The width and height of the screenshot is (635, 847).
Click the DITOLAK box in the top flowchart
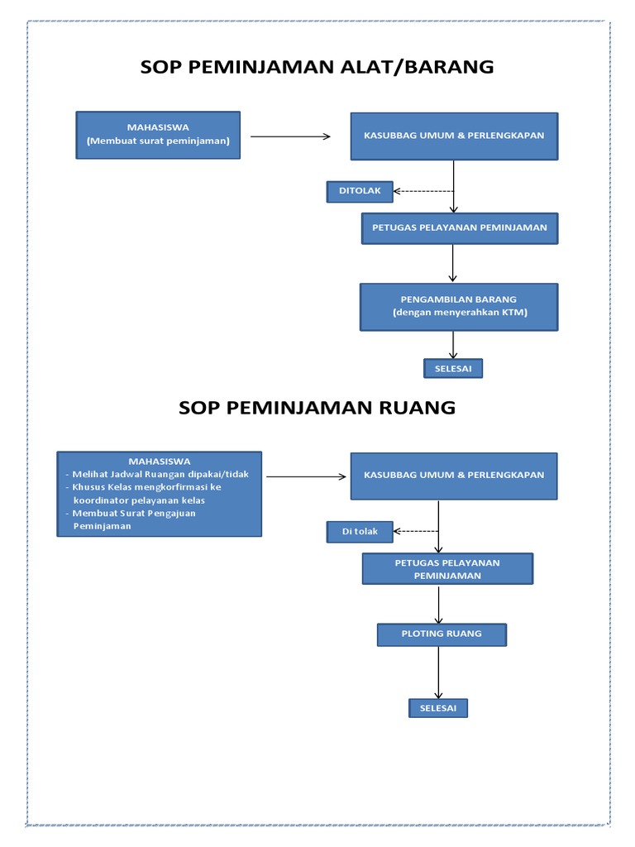coord(360,191)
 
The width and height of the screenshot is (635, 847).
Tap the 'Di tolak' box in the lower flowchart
coord(360,532)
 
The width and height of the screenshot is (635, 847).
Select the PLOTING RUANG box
coord(442,634)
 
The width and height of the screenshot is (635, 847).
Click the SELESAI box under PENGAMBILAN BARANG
coord(453,368)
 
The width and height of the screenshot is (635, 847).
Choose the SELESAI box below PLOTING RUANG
coord(437,708)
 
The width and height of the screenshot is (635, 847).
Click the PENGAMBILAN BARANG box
coord(459,306)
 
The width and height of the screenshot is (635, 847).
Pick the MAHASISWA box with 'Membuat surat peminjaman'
coord(158,135)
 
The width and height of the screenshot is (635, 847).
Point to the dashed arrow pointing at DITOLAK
coord(423,191)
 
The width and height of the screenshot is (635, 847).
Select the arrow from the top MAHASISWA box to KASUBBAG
coord(290,136)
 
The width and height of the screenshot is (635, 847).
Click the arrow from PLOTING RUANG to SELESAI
coord(438,672)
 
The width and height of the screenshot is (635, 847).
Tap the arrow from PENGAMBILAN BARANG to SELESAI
coord(453,345)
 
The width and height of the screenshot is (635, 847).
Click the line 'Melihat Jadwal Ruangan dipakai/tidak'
coord(160,474)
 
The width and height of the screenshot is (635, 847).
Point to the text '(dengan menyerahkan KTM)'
coord(459,313)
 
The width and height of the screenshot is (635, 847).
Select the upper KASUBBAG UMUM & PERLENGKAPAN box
coord(454,136)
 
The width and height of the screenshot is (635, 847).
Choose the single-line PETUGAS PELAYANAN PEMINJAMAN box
coord(459,227)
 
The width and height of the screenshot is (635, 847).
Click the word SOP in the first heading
coord(162,67)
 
